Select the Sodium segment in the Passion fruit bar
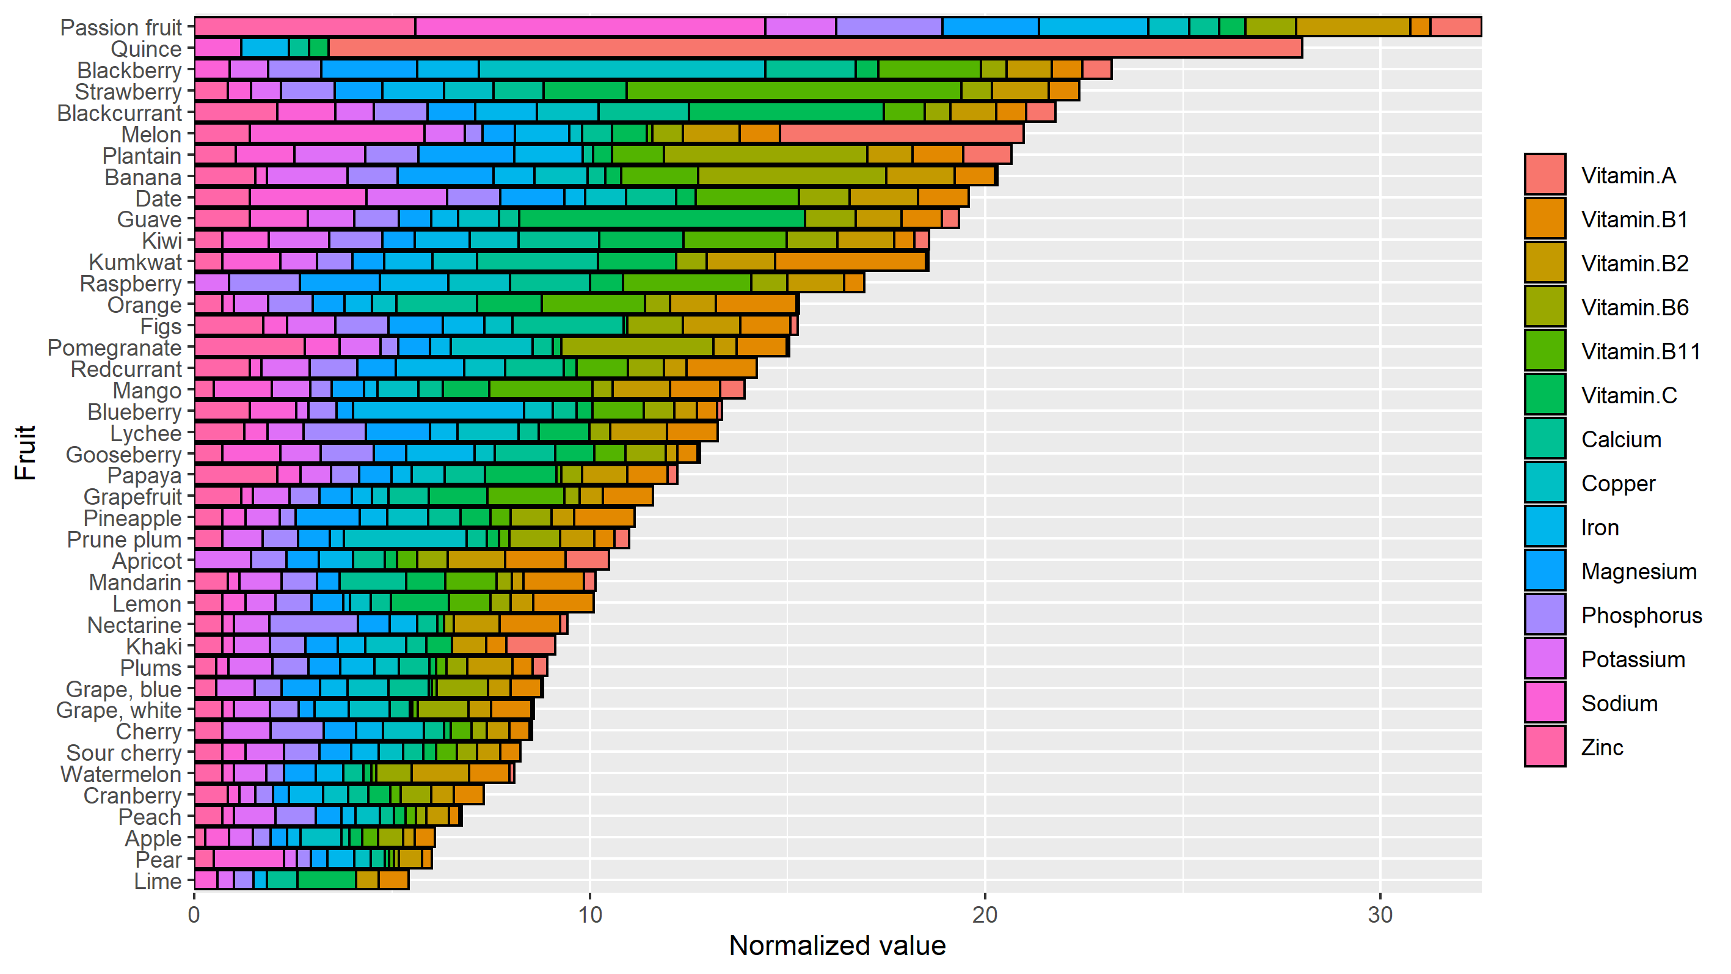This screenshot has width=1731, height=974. [x=590, y=27]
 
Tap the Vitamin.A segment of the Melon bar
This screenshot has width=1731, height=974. [x=901, y=134]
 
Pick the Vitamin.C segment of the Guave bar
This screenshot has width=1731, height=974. [x=662, y=219]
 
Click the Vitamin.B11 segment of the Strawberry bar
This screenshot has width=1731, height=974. [x=793, y=91]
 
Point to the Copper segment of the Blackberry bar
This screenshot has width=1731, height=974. [x=622, y=70]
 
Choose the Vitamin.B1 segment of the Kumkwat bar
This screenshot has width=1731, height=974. [x=851, y=262]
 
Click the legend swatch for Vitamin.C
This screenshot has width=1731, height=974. [x=1545, y=395]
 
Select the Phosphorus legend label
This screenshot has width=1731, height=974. [x=1641, y=615]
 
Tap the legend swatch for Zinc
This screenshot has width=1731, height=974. [x=1545, y=747]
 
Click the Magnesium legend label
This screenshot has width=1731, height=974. [x=1638, y=571]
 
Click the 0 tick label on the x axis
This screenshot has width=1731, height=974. [x=194, y=915]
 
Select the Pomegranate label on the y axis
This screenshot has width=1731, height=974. [x=114, y=348]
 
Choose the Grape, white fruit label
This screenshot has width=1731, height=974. [x=118, y=711]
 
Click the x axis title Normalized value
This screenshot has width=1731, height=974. [x=837, y=946]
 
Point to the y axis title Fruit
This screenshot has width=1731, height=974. [x=25, y=452]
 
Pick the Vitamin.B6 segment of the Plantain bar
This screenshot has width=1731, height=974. [x=765, y=155]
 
